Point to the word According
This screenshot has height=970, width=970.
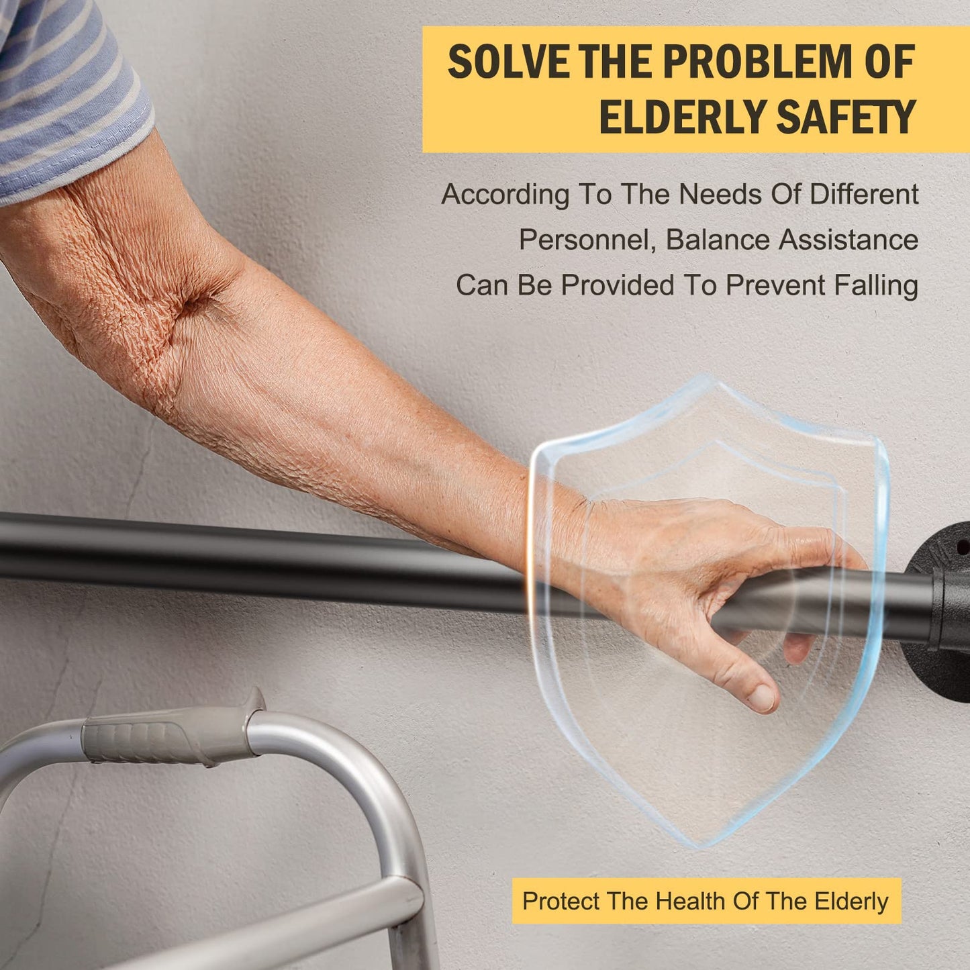pos(504,195)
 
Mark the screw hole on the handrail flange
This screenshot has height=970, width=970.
pos(962,545)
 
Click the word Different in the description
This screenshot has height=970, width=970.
pos(865,194)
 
